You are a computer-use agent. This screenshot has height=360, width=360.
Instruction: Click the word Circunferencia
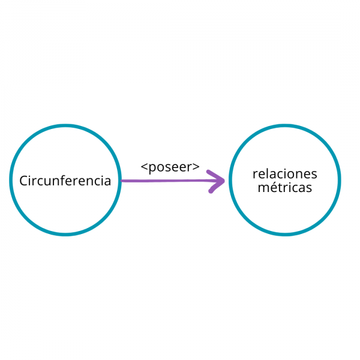click(x=65, y=181)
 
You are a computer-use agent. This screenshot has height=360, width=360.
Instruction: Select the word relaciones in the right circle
click(x=285, y=174)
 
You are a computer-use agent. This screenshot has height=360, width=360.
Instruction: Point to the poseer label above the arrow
click(x=170, y=167)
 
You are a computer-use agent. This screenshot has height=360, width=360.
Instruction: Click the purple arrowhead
click(x=217, y=181)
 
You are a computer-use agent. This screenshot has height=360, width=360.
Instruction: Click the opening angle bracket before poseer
click(x=144, y=167)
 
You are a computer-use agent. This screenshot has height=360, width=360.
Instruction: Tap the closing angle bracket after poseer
click(x=196, y=167)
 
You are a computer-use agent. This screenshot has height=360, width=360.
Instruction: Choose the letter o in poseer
click(x=160, y=167)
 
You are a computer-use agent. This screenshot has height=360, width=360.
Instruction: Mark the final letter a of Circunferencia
click(x=107, y=181)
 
